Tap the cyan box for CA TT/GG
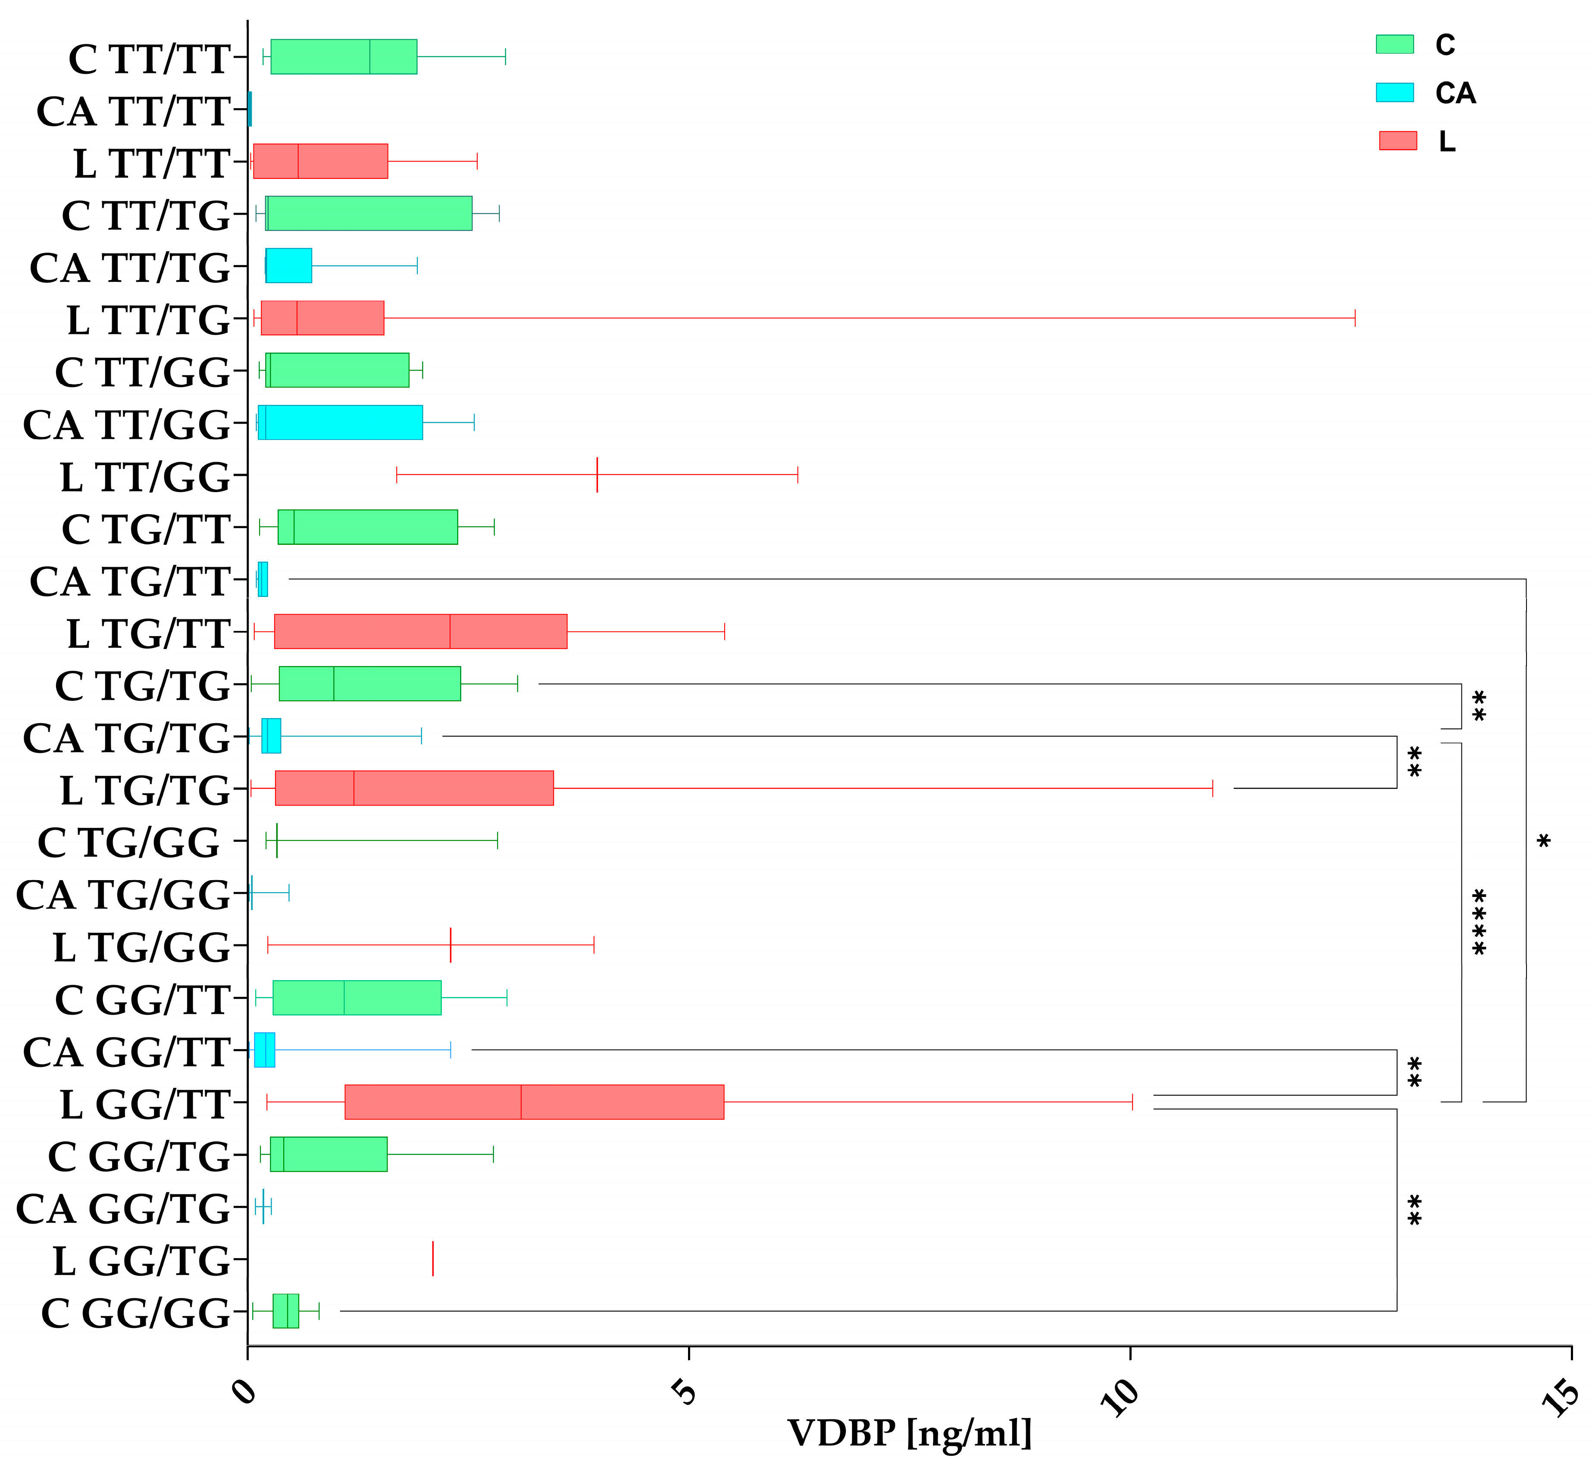(x=340, y=422)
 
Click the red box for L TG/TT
(x=420, y=631)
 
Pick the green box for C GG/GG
(x=285, y=1310)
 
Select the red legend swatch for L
(x=1397, y=141)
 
